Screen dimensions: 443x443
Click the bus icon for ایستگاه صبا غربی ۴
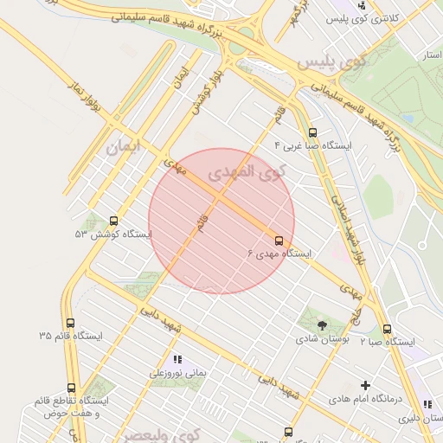(312, 132)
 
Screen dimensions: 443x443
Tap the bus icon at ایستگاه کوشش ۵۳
(113, 221)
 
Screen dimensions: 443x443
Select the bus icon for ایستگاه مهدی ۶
(279, 241)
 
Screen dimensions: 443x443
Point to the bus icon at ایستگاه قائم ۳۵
(71, 323)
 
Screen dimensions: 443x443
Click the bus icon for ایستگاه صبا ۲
(387, 329)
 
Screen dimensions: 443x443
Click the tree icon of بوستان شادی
(322, 325)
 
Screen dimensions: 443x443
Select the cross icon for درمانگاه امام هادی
(365, 385)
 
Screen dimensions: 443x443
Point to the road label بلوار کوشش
(201, 96)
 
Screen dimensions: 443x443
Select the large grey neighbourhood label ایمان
(124, 147)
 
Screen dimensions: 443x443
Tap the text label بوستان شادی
(322, 340)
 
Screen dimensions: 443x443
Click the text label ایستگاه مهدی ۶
(279, 254)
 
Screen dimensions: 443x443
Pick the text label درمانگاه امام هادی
(367, 400)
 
